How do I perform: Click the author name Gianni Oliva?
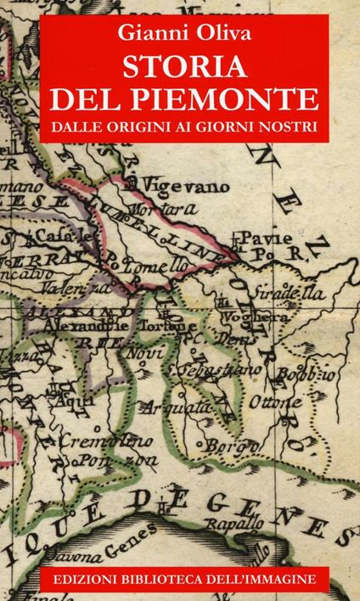click(x=179, y=33)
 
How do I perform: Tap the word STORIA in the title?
click(x=179, y=67)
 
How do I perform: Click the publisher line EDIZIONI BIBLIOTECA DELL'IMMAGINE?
click(x=179, y=577)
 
